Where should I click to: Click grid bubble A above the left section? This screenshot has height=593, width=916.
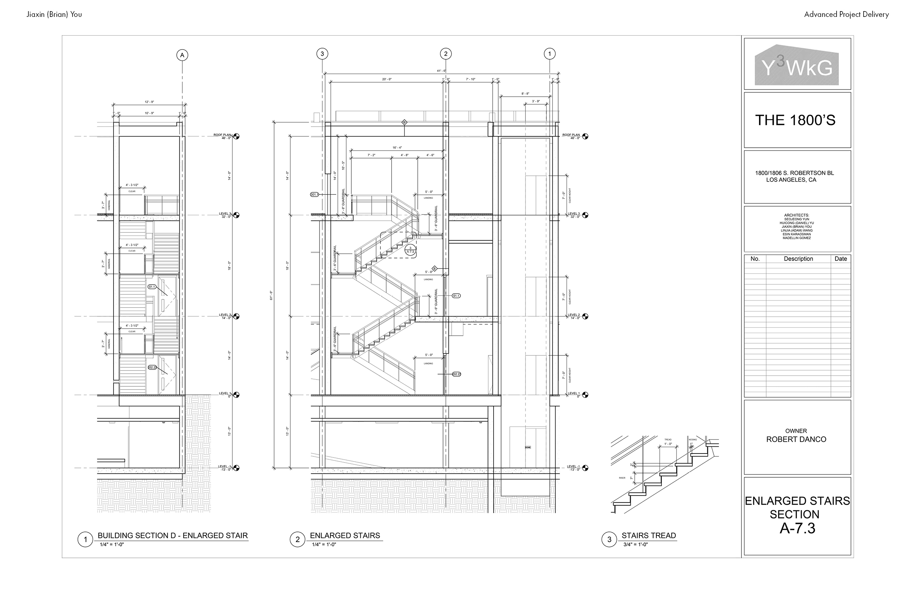182,55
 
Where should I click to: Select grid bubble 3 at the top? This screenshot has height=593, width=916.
322,54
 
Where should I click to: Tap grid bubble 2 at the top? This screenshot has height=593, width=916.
446,54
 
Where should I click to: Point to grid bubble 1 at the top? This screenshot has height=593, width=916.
550,54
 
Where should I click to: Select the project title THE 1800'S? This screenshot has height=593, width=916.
795,120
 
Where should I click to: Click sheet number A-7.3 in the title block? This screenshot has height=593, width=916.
797,528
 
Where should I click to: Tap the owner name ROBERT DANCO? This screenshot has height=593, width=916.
796,439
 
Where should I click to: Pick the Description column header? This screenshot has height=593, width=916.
798,259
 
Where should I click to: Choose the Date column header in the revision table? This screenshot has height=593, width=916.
841,259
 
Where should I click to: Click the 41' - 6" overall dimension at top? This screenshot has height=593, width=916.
441,71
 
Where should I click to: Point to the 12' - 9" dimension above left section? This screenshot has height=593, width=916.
149,102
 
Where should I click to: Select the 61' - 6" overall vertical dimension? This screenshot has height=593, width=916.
271,296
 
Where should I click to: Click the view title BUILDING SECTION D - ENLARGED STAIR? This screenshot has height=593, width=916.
172,535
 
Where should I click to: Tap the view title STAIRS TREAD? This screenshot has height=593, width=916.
648,535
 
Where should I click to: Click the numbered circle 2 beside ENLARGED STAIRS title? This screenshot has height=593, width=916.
297,539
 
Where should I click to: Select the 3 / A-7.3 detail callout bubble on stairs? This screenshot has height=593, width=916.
410,250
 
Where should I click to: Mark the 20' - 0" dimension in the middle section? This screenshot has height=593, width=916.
387,79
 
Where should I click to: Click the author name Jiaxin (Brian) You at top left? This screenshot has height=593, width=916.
54,15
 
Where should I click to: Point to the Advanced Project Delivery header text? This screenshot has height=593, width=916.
846,15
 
